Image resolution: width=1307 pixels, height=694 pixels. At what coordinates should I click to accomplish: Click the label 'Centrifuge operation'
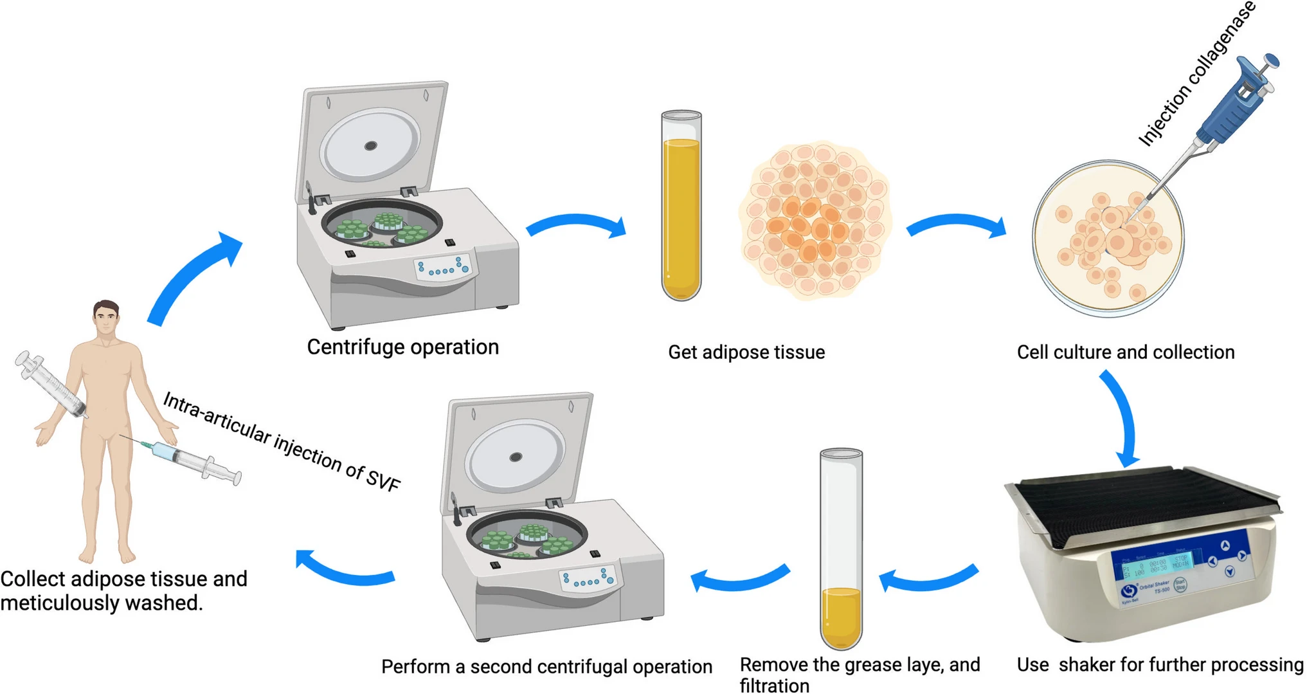402,347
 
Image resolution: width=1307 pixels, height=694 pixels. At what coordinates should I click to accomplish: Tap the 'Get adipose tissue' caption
746,352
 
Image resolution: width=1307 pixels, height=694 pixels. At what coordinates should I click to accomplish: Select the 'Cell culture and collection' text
1125,352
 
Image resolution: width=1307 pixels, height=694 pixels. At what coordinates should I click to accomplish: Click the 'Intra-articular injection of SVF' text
282,442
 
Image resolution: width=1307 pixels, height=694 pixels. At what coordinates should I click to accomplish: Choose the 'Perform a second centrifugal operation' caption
546,666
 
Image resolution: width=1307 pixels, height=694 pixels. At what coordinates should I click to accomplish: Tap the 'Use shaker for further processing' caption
1160,664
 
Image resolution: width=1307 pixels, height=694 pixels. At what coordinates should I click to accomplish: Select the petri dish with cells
1107,239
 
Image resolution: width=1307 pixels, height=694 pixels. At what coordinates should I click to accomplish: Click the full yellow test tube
681,206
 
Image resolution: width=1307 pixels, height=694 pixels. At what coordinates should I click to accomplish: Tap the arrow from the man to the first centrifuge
193,277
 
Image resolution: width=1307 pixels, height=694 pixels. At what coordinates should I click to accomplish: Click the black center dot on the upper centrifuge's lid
370,146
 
